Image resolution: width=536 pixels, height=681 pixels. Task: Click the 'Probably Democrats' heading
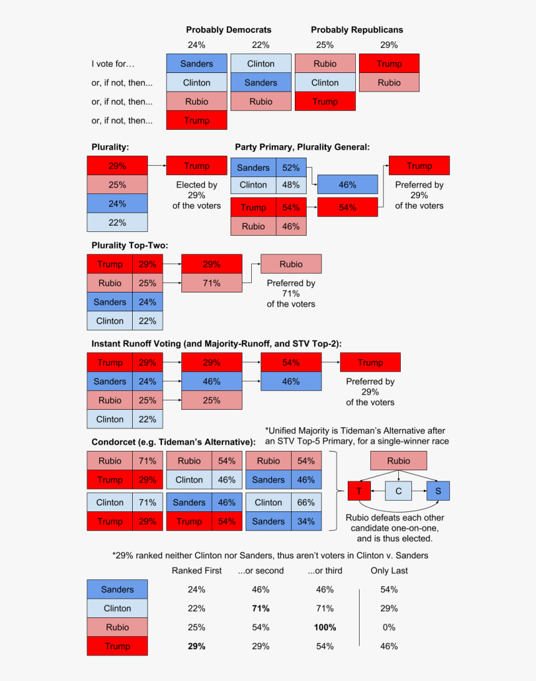point(228,30)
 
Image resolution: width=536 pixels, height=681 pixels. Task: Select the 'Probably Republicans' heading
point(357,30)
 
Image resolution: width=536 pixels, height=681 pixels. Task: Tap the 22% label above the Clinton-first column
point(261,45)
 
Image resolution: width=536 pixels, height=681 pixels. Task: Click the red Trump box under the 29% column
point(389,64)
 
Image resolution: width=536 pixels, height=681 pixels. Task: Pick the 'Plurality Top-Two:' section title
point(130,246)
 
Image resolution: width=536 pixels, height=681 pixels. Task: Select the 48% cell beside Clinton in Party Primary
point(291,185)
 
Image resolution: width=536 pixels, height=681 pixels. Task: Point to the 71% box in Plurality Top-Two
point(211,283)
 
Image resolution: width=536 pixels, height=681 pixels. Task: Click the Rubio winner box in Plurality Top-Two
point(290,264)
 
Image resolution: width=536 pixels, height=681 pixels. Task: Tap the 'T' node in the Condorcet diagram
point(358,491)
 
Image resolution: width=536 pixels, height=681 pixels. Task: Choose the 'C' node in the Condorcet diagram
point(398,491)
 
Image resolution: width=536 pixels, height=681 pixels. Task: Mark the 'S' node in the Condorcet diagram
point(438,491)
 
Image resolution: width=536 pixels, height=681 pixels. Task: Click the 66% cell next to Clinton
point(306,503)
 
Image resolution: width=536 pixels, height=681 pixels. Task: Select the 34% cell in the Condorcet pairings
point(306,521)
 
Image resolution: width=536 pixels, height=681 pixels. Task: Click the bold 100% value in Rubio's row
point(325,627)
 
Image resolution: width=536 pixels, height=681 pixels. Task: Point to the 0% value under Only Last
point(389,627)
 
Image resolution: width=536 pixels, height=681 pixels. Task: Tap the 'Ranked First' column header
point(196,571)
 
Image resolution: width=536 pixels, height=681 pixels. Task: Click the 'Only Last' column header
point(389,571)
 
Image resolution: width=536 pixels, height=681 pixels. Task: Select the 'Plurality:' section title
point(110,147)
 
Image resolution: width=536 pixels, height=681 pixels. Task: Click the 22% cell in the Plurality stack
point(117,223)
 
